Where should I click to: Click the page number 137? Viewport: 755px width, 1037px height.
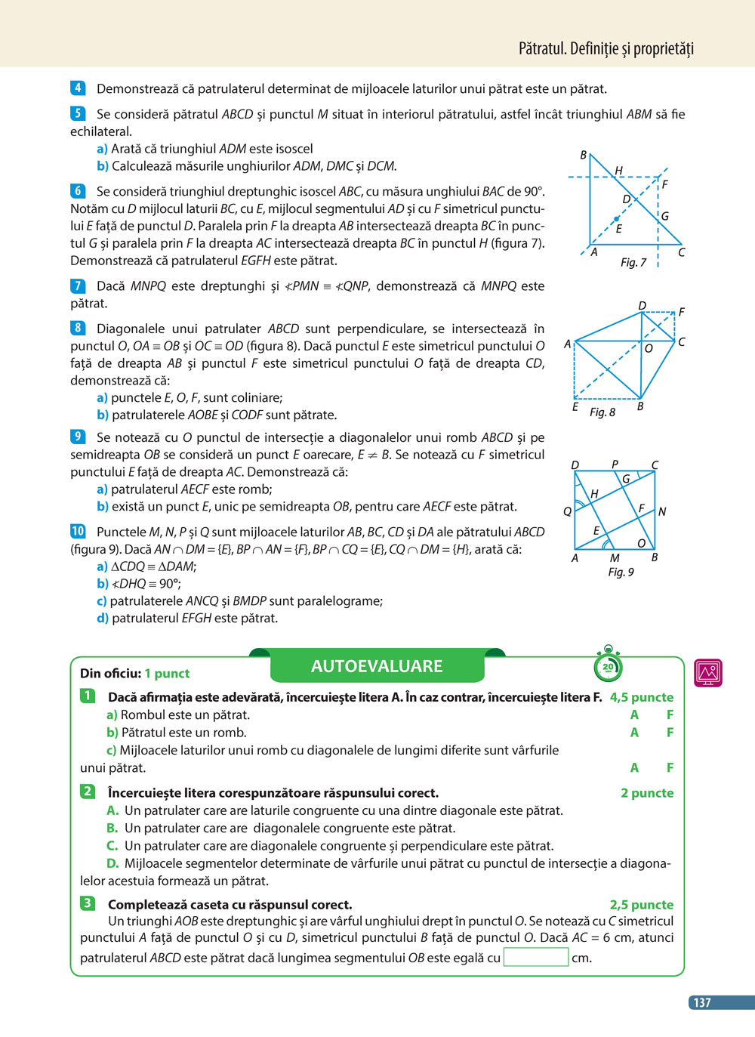[702, 1002]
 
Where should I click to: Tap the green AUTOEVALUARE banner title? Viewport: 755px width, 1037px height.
[377, 666]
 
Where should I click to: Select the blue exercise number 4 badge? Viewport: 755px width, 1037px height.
[78, 88]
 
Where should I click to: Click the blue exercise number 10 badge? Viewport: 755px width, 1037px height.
[78, 531]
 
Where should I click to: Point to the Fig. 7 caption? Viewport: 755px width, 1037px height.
[633, 262]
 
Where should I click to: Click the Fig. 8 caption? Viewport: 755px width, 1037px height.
[602, 412]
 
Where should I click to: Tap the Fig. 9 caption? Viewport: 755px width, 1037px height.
[621, 572]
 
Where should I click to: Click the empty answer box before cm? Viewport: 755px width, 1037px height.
[535, 957]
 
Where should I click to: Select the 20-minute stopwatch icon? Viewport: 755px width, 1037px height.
[608, 664]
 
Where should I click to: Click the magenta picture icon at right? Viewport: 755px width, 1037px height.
[708, 672]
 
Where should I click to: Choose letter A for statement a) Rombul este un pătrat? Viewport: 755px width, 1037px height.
[634, 714]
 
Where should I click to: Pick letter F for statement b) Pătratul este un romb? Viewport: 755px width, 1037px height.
[670, 732]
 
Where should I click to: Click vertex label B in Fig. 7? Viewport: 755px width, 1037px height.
[583, 155]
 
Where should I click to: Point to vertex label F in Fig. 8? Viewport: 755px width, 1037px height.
[681, 311]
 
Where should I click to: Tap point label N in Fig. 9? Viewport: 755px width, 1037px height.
[661, 511]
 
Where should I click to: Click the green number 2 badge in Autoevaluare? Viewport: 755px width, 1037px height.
[88, 792]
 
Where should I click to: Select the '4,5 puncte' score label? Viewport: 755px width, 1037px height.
[641, 697]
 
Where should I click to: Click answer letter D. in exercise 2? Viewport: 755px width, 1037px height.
[112, 863]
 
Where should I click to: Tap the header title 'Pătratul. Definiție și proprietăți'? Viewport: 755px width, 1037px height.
[606, 49]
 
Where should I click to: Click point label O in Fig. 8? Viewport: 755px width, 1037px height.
[648, 348]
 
